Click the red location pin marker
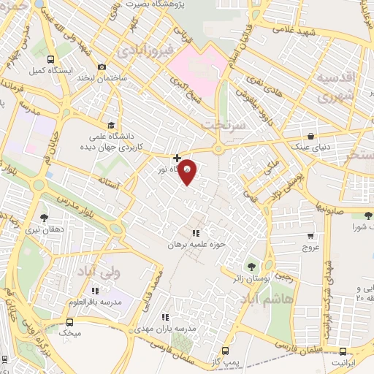(187, 170)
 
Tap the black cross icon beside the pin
(177, 157)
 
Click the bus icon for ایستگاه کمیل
(50, 60)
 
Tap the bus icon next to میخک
(70, 322)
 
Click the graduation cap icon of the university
(110, 125)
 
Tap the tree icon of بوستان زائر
(252, 266)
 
